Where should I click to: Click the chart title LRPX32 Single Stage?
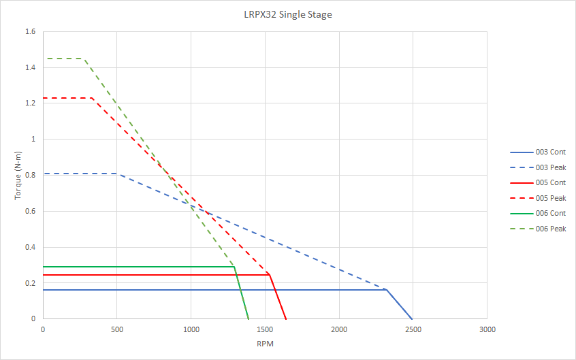(x=288, y=14)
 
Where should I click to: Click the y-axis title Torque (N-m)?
(x=18, y=175)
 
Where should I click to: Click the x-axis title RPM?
(x=265, y=344)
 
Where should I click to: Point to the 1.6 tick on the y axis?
(x=30, y=31)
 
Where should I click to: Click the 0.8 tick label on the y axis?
(x=30, y=175)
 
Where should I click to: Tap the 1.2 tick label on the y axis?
(x=30, y=103)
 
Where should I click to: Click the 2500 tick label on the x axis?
(x=413, y=329)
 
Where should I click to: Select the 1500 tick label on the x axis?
(x=265, y=329)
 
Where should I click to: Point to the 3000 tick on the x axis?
(x=487, y=329)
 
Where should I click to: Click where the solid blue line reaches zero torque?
(x=413, y=318)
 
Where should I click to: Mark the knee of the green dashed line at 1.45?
(x=84, y=59)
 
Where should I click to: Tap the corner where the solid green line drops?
(x=234, y=267)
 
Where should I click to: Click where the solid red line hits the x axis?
(x=286, y=318)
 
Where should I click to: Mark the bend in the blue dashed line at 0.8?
(x=117, y=174)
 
